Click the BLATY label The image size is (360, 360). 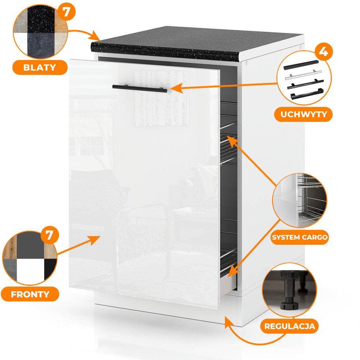pyautogui.click(x=40, y=67)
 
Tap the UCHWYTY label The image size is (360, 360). pyautogui.click(x=304, y=115)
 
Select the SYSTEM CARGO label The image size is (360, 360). pyautogui.click(x=300, y=237)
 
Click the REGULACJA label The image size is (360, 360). pyautogui.click(x=289, y=326)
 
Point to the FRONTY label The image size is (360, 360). pyautogui.click(x=30, y=294)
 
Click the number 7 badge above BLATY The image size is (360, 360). pyautogui.click(x=66, y=12)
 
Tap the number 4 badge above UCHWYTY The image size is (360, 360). pyautogui.click(x=323, y=52)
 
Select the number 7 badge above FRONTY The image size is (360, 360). pyautogui.click(x=49, y=235)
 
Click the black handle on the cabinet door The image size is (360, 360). pyautogui.click(x=140, y=89)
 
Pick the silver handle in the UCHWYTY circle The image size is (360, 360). pyautogui.click(x=303, y=75)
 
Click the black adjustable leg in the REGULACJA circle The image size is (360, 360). pyautogui.click(x=289, y=290)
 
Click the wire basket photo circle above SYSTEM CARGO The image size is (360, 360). pyautogui.click(x=300, y=200)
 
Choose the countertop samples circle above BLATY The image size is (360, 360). pyautogui.click(x=40, y=31)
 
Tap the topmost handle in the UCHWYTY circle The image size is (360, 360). pyautogui.click(x=301, y=65)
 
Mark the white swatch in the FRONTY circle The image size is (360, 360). pyautogui.click(x=30, y=270)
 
